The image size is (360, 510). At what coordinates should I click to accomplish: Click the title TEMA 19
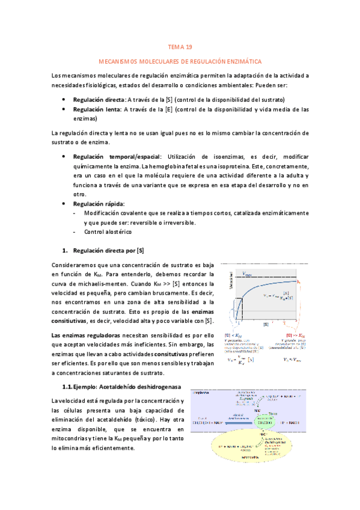click(180, 47)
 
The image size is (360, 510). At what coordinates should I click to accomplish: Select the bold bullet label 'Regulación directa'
click(98, 99)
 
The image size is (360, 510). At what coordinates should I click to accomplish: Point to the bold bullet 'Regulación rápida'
click(99, 204)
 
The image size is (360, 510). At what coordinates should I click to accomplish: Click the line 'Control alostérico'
click(108, 232)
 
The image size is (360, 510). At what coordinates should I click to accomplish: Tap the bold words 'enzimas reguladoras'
click(85, 335)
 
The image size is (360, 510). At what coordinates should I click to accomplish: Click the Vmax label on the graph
click(248, 274)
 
